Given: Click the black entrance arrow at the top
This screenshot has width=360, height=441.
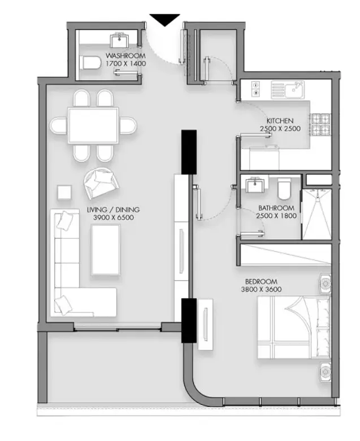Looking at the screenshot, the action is [164, 20].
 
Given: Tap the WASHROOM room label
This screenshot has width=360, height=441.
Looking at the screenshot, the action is [125, 55].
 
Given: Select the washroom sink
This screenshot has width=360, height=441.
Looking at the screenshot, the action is [119, 40].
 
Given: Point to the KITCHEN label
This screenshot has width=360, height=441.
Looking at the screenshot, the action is [280, 121].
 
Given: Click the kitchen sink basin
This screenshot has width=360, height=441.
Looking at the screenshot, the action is [294, 89].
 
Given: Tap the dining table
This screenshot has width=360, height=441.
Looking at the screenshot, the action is [93, 125].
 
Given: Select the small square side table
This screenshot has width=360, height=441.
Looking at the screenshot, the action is [65, 193].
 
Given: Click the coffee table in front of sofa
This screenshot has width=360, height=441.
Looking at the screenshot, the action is [106, 250].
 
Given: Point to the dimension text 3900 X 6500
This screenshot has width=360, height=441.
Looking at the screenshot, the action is [114, 217].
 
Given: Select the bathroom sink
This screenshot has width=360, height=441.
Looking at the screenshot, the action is [255, 184].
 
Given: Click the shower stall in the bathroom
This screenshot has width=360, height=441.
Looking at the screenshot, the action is [316, 214].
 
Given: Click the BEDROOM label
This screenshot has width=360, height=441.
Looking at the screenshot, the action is [261, 282].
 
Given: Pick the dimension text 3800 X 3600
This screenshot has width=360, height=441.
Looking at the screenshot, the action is [261, 289].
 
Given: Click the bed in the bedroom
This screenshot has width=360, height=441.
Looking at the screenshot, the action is [293, 327].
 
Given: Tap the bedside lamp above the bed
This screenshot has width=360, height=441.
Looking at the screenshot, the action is [325, 283].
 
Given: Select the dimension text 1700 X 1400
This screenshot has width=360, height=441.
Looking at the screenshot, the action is [125, 64].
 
